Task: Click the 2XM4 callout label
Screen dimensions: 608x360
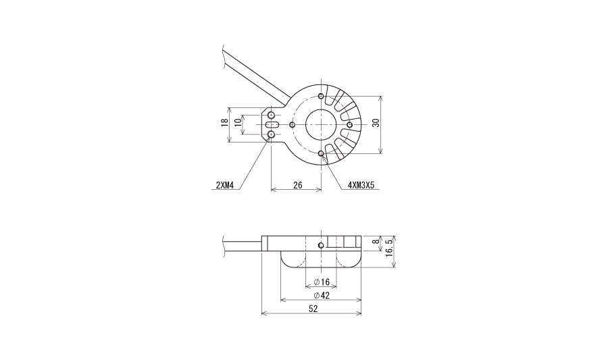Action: pos(225,185)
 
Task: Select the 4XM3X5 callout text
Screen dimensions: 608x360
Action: pos(361,185)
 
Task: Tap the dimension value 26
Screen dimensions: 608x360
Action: pos(297,185)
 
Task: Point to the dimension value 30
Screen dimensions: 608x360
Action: pos(376,123)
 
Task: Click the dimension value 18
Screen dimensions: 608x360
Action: pos(224,123)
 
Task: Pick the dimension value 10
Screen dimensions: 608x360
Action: pos(238,121)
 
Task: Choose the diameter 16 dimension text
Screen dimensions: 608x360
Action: pos(322,282)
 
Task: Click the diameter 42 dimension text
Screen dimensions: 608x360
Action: pos(322,295)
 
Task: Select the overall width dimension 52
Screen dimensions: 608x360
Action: pos(313,309)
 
